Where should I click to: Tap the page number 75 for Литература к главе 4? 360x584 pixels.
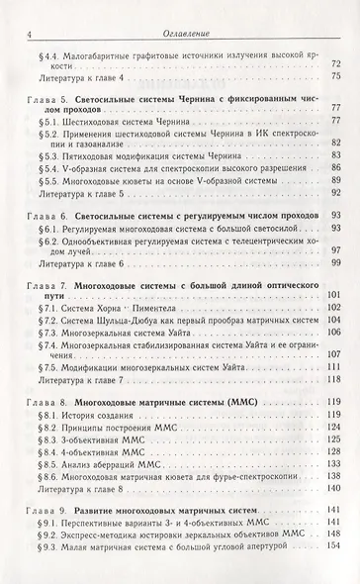point(337,75)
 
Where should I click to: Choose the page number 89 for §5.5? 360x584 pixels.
point(337,182)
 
